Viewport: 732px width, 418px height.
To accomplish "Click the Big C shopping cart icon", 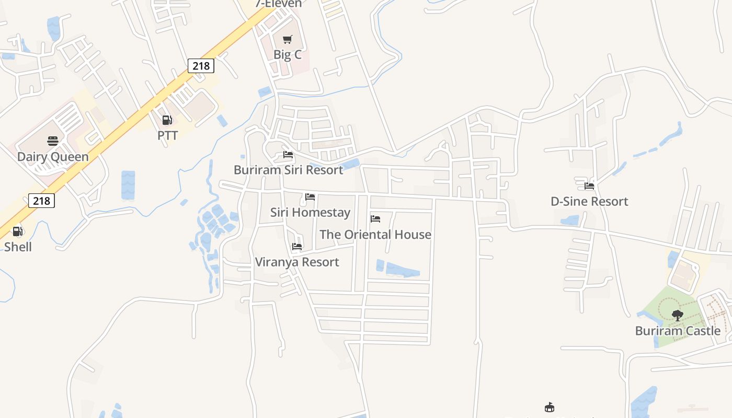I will pyautogui.click(x=287, y=39).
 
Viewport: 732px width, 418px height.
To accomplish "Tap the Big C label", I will pyautogui.click(x=288, y=54).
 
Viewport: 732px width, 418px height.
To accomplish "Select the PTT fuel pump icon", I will pyautogui.click(x=167, y=120).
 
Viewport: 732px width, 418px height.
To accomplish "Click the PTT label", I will pyautogui.click(x=167, y=136).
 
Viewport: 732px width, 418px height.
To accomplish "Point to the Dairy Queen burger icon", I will pyautogui.click(x=53, y=141).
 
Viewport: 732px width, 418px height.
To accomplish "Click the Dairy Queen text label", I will pyautogui.click(x=53, y=157).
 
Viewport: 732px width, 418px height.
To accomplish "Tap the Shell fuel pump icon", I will pyautogui.click(x=18, y=231).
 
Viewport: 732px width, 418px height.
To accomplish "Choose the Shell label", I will pyautogui.click(x=18, y=247).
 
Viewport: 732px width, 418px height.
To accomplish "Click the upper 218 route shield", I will pyautogui.click(x=201, y=65).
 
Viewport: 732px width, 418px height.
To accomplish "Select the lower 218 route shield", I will pyautogui.click(x=41, y=200).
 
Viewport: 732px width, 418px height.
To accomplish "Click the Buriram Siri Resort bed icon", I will pyautogui.click(x=288, y=155).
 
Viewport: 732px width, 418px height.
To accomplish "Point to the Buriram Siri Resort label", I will pyautogui.click(x=289, y=170).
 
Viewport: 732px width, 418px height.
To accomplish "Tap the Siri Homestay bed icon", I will pyautogui.click(x=310, y=197).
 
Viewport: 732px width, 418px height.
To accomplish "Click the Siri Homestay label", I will pyautogui.click(x=310, y=213).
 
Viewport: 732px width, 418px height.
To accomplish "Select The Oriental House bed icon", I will pyautogui.click(x=375, y=219).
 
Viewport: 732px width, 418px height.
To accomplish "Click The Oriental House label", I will pyautogui.click(x=375, y=235).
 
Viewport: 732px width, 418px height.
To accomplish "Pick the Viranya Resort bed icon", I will pyautogui.click(x=297, y=247).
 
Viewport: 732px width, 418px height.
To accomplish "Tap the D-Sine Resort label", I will pyautogui.click(x=589, y=202).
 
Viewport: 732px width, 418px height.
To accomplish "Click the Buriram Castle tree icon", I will pyautogui.click(x=678, y=315).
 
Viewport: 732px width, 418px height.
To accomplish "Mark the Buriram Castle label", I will pyautogui.click(x=678, y=331).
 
